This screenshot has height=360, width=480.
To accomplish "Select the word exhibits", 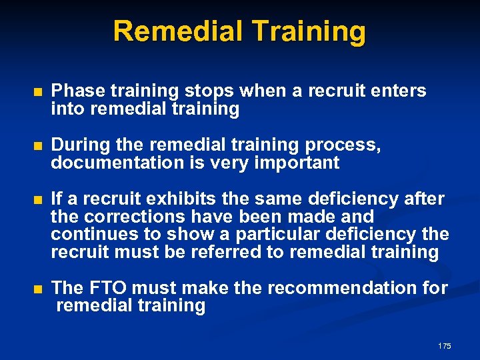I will click(164, 199).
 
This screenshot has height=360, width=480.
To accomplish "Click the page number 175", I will click(445, 345).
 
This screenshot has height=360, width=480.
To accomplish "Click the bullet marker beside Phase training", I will click(38, 91).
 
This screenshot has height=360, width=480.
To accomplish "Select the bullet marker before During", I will click(38, 145).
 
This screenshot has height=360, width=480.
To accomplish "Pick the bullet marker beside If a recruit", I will click(38, 199).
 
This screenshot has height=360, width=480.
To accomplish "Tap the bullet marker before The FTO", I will click(38, 289).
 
